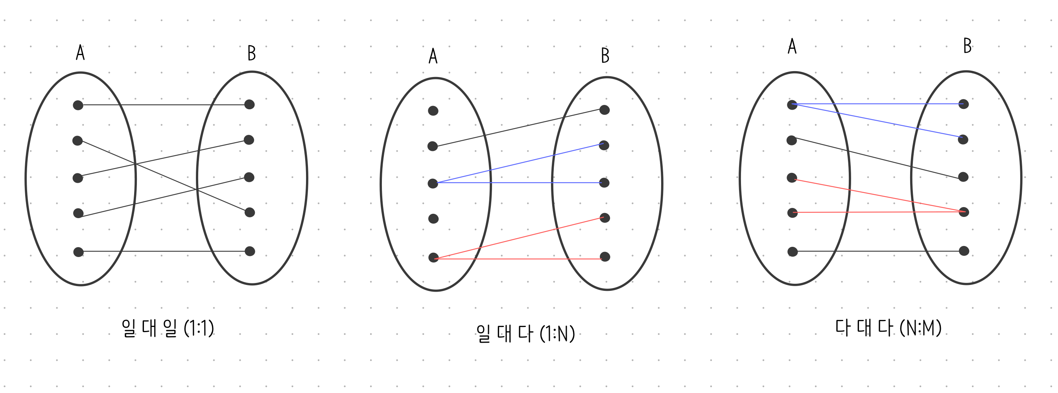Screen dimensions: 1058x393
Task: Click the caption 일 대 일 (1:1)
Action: (x=168, y=328)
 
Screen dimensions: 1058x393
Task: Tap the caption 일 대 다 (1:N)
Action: (x=525, y=334)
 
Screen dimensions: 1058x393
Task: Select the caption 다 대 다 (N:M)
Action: (x=888, y=328)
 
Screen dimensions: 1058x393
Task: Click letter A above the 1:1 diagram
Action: (x=80, y=53)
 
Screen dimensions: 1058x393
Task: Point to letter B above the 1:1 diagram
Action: (x=251, y=53)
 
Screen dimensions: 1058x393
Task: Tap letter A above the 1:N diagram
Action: (x=433, y=56)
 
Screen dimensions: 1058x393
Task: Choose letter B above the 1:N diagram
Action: (x=605, y=55)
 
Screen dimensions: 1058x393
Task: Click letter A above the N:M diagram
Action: (x=792, y=46)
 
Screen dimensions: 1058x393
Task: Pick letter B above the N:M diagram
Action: (x=967, y=46)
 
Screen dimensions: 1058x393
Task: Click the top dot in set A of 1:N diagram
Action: (x=433, y=111)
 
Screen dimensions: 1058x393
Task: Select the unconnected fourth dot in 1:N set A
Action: (x=433, y=219)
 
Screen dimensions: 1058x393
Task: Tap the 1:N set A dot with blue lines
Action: (x=433, y=184)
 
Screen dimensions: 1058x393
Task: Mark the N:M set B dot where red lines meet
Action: (x=964, y=212)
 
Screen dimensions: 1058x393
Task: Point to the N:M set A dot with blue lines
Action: (x=792, y=105)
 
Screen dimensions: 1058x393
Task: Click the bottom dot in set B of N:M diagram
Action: (x=964, y=251)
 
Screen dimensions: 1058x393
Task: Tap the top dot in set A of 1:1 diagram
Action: (x=78, y=105)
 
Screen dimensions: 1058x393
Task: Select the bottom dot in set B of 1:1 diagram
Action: (x=250, y=251)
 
